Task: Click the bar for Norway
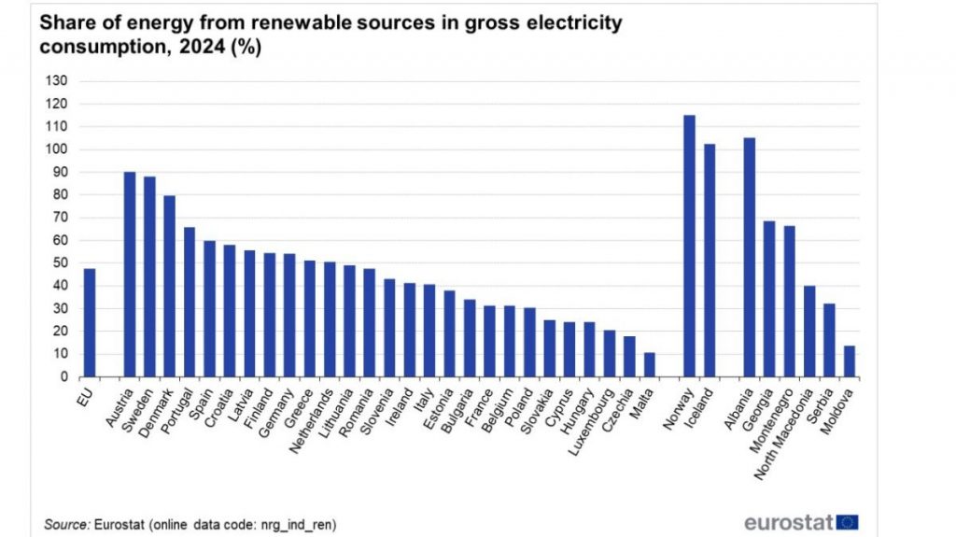click(689, 247)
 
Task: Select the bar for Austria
click(129, 275)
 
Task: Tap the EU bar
click(90, 323)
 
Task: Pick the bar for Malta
click(649, 365)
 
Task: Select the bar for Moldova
click(849, 361)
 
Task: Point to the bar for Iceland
click(710, 261)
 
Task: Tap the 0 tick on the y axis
click(63, 377)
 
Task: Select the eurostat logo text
click(789, 521)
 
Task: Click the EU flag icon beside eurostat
click(848, 521)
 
